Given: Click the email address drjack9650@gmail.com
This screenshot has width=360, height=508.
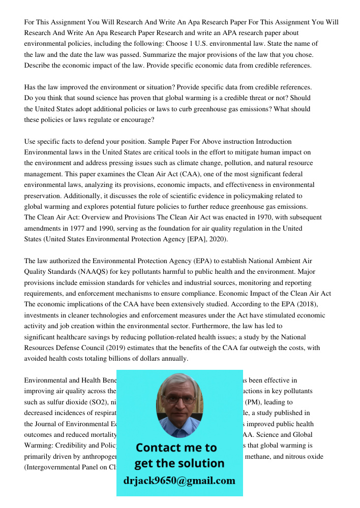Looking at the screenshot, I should (x=179, y=481).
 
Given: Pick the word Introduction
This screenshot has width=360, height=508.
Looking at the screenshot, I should (x=274, y=141).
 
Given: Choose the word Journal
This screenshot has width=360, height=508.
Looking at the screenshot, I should (x=50, y=424).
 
